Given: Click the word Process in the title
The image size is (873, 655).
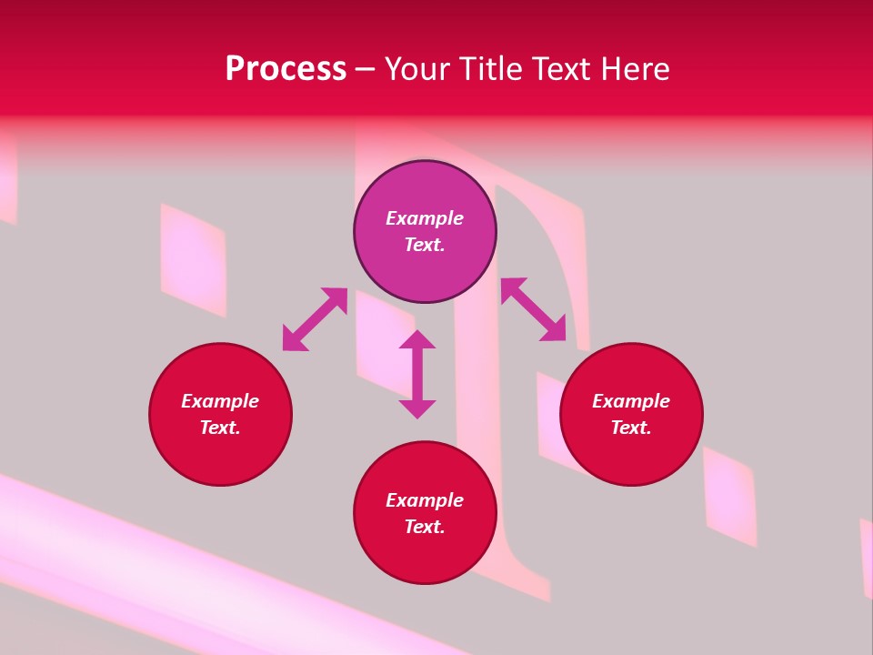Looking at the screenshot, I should click(286, 69).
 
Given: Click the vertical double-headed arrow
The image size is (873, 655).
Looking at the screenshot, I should click(417, 375).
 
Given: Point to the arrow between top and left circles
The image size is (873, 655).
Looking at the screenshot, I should click(315, 319).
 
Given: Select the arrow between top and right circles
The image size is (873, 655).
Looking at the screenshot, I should click(533, 309).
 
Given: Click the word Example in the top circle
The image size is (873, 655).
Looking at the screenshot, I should click(425, 218).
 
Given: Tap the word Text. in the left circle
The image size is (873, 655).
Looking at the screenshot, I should click(220, 428).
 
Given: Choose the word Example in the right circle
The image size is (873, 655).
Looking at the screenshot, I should click(631, 401).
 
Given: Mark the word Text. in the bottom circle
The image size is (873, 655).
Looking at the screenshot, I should click(425, 527).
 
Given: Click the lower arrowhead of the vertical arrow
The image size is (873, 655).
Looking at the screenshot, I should click(417, 408).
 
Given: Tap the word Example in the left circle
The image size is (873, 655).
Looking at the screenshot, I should click(220, 401).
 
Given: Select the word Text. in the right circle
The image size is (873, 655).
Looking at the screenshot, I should click(631, 428).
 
